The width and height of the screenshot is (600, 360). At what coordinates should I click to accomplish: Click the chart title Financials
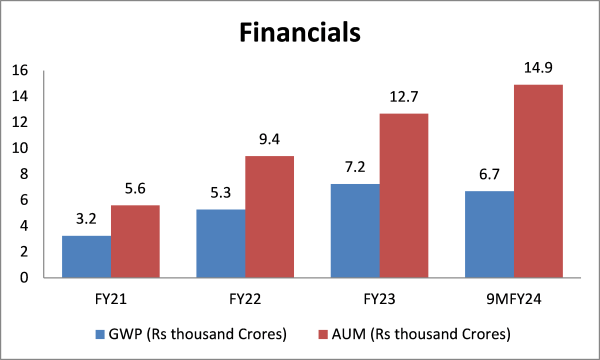click(300, 33)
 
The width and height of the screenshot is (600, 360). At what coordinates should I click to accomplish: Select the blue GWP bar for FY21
click(86, 257)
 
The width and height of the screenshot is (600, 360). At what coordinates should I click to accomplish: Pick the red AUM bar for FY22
click(270, 217)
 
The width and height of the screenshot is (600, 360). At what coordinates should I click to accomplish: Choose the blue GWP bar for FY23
click(355, 231)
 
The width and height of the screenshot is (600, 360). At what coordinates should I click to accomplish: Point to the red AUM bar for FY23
click(404, 195)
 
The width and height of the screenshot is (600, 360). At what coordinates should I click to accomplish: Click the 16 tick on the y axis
click(21, 70)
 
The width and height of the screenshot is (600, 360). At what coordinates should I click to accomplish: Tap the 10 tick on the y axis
click(21, 148)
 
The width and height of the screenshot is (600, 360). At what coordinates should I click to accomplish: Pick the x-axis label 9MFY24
click(513, 297)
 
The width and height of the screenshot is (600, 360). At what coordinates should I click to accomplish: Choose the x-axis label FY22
click(245, 297)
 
